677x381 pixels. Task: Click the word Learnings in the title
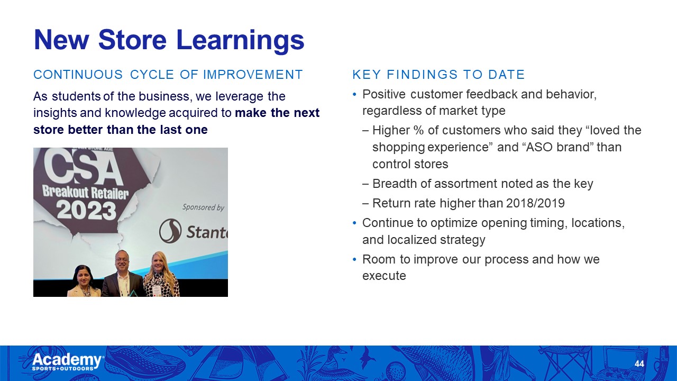point(240,41)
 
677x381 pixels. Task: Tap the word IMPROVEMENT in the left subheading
point(253,75)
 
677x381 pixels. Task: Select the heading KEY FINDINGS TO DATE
point(438,75)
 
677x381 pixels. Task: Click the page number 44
point(639,364)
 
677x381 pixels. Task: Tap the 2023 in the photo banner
point(86,211)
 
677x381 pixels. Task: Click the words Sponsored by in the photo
point(203,207)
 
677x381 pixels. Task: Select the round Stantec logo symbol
point(170,231)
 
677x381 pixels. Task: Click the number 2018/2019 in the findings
point(535,203)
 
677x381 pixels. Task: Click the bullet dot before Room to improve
point(355,259)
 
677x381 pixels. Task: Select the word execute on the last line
point(384,276)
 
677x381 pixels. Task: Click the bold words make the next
point(277,113)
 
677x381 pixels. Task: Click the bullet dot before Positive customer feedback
point(355,95)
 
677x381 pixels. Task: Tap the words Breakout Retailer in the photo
point(86,192)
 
